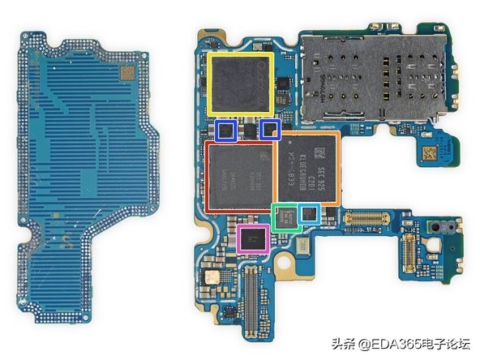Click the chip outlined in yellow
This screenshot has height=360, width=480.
[239, 84]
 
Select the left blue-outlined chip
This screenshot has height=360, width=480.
[228, 130]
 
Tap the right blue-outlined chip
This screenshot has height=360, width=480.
[270, 130]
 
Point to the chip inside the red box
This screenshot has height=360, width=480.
[238, 178]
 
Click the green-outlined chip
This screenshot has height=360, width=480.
[285, 216]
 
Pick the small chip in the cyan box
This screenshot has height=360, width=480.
[309, 214]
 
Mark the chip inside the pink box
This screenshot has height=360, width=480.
[254, 239]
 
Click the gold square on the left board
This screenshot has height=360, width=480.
[127, 73]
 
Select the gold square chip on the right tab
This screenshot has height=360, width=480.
[427, 151]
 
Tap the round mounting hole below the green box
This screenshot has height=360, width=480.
[285, 262]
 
